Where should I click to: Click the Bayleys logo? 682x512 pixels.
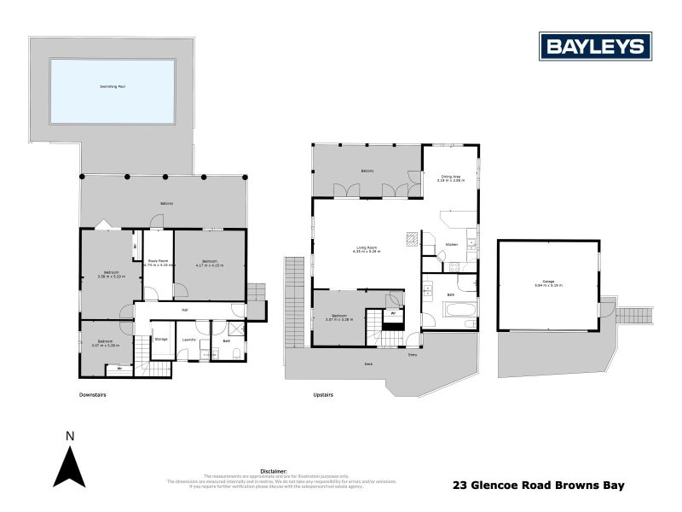point(595,46)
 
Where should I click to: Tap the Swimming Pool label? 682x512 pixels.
point(113,87)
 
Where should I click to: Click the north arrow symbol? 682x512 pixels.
point(70,468)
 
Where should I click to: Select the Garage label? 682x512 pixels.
point(547,283)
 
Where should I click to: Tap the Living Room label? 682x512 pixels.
point(367,248)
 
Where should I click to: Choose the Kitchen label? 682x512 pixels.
point(452,245)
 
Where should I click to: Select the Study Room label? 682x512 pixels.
point(157,260)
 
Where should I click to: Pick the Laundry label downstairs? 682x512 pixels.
point(189,339)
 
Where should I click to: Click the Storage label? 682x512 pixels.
point(160,339)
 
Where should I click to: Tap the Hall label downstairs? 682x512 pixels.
point(184,311)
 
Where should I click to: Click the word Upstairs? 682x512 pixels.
point(322,395)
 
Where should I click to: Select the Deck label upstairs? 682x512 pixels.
point(367,363)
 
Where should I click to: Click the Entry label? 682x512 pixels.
point(413,354)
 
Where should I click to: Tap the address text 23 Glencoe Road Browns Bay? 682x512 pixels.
point(537,485)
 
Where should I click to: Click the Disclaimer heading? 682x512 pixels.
point(274,470)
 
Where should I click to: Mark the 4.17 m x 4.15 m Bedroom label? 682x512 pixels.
point(210,263)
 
